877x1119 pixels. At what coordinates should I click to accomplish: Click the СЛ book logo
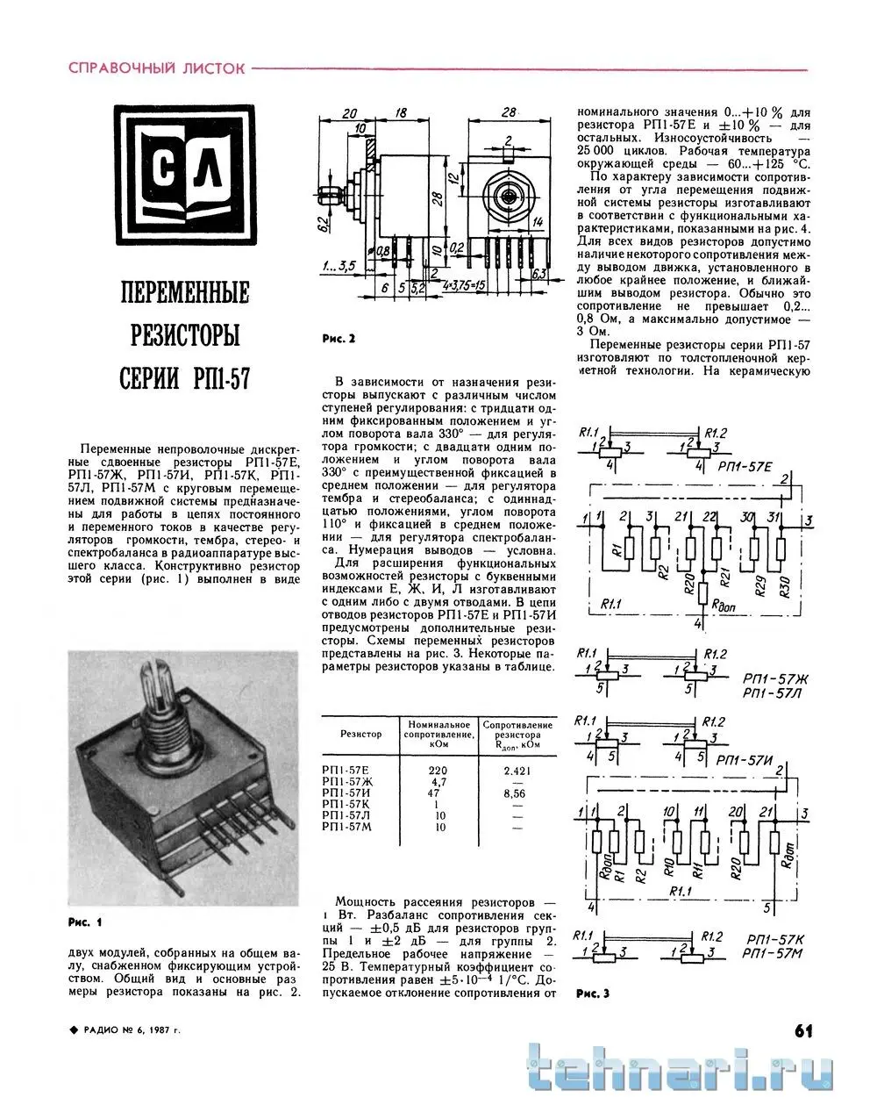(x=188, y=177)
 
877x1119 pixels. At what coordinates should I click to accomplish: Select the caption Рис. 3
(x=593, y=993)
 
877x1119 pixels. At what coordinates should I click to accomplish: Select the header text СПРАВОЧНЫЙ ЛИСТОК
(x=157, y=68)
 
